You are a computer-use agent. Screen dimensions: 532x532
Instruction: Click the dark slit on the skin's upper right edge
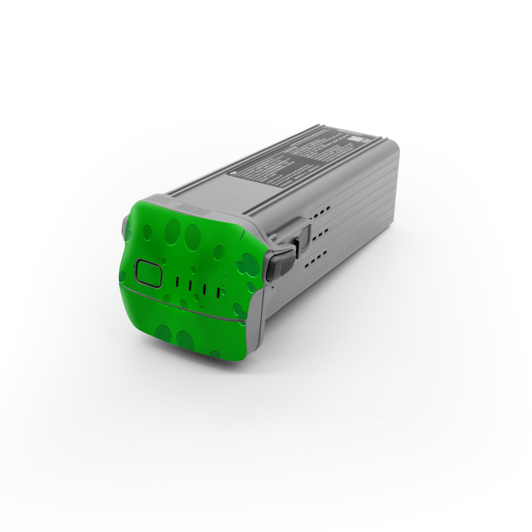click(242, 234)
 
